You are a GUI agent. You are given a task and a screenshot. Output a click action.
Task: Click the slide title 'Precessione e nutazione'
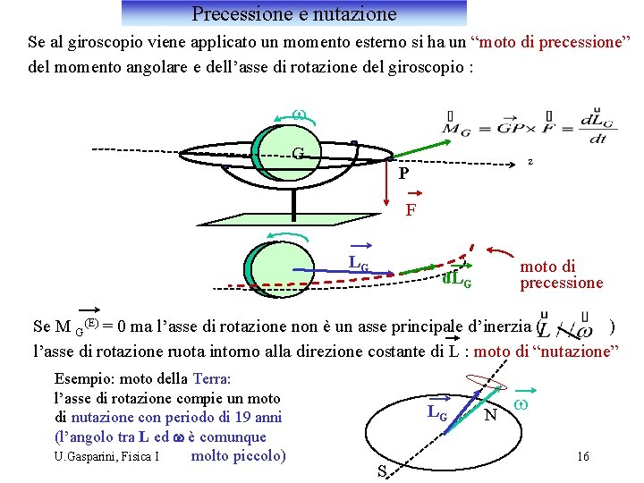coord(293,13)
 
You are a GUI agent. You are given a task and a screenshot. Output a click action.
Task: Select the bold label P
coord(403,174)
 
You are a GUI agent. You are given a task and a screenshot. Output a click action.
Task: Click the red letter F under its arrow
coord(411,210)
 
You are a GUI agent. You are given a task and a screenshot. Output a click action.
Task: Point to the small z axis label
coord(530,162)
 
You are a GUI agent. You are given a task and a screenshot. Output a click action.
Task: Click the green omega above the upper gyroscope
coord(300,114)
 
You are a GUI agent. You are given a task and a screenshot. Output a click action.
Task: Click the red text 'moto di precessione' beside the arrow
coord(562,275)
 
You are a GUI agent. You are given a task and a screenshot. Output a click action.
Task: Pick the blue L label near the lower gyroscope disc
coord(358,262)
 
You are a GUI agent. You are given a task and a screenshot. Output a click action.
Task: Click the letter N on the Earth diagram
coord(490,416)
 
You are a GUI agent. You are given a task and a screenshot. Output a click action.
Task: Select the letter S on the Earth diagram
coord(382,471)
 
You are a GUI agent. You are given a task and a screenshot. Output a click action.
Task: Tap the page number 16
coord(583,457)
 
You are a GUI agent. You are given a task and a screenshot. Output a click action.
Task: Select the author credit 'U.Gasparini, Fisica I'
coord(106,457)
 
